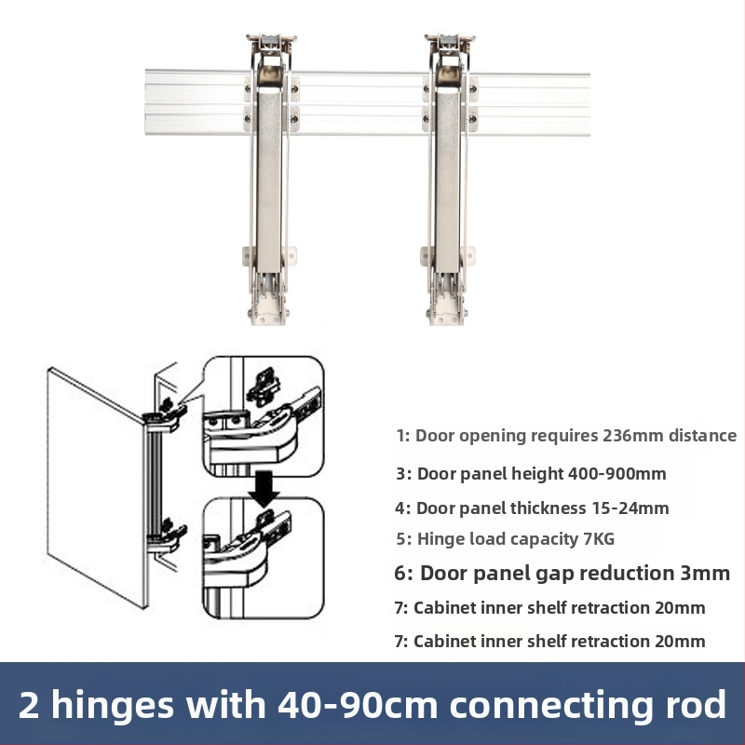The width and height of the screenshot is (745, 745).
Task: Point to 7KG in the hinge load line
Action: pos(599,539)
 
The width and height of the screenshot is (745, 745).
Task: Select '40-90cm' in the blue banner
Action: pos(358,705)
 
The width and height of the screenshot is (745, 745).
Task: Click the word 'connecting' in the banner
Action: pos(553,706)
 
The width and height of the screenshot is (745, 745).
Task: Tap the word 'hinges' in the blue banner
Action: pos(112,706)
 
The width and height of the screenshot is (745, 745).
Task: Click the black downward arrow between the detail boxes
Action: pos(265,487)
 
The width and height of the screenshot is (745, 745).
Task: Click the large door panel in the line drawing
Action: pos(98,487)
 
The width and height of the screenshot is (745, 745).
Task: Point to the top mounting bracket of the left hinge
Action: pos(271,43)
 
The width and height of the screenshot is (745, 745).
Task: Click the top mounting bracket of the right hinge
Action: pos(450,43)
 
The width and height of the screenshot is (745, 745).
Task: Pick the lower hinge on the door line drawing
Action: pos(167,538)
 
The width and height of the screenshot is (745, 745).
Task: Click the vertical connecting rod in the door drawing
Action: pos(156,482)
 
